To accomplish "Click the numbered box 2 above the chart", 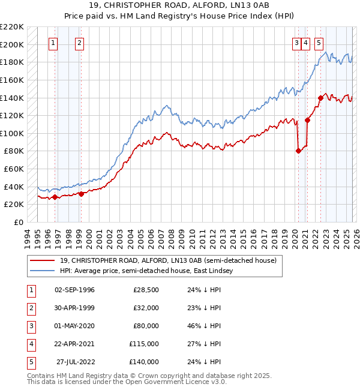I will (79, 43).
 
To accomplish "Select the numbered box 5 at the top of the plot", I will (318, 43).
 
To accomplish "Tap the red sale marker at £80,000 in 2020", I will (298, 151).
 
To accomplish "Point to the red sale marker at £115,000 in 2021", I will (308, 120).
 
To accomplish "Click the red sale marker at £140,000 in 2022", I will (321, 98).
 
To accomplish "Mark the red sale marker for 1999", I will (81, 193).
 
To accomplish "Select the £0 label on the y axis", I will (18, 222).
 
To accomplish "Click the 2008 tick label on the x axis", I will (172, 237).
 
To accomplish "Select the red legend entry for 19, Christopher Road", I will (167, 260).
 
